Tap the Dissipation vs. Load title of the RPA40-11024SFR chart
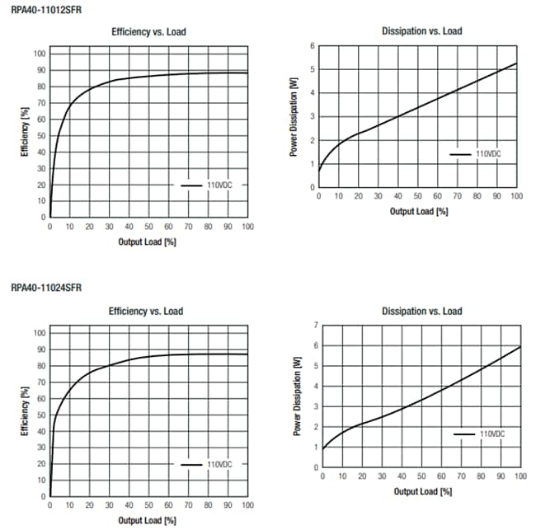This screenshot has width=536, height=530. [421, 311]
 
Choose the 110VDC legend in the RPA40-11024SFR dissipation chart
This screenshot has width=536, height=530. [492, 433]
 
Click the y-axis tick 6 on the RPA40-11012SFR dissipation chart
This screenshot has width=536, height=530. [313, 46]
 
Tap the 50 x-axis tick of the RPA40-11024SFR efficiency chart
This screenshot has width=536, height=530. [148, 505]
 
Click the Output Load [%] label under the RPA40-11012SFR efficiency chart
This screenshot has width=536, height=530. [148, 242]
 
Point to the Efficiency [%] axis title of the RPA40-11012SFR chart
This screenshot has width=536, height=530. [25, 135]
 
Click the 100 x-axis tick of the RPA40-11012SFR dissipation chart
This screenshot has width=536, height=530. [516, 197]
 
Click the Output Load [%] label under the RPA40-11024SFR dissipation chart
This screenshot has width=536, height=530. [421, 491]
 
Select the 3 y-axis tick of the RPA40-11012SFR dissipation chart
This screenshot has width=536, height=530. [313, 116]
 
